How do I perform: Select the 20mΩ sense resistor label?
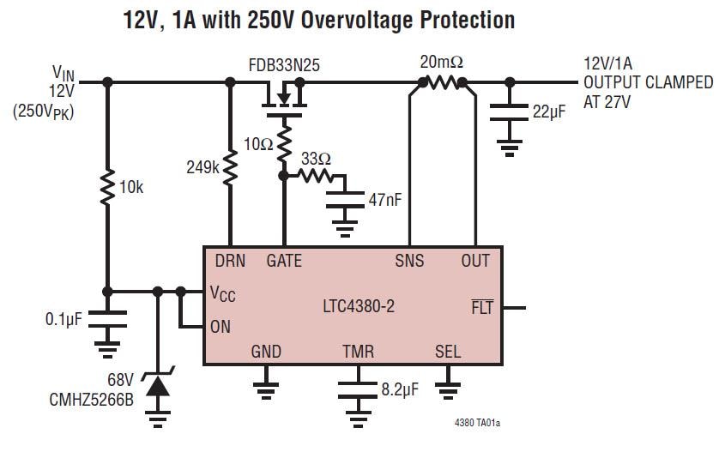442,63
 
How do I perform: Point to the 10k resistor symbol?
106,187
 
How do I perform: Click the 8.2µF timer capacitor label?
399,390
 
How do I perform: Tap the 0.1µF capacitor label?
63,319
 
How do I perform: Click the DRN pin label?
230,261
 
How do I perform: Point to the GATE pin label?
284,261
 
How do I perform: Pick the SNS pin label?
409,261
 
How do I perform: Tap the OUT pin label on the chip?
475,261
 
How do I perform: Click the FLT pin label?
483,306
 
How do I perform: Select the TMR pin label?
359,352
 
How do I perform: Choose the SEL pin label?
447,352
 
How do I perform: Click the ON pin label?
221,326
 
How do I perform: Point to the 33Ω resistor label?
317,160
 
